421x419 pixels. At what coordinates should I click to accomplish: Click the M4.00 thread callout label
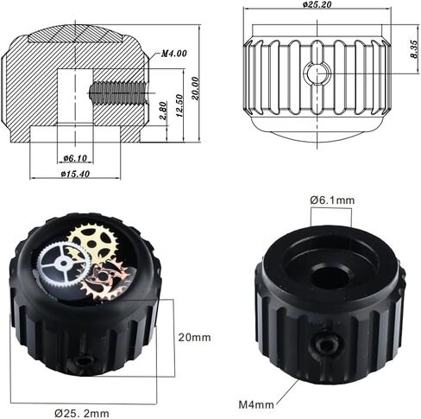pos(174,54)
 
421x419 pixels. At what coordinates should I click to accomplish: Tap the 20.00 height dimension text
pos(196,88)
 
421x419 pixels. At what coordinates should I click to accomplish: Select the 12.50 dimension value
pos(179,105)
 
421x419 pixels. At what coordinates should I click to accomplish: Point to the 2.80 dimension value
pos(163,111)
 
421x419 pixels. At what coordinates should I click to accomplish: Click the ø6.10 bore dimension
pos(75,158)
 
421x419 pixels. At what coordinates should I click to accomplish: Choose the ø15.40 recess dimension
pos(75,174)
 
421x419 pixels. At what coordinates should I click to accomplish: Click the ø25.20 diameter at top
pos(317,4)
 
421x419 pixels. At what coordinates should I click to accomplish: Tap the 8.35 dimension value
pos(413,49)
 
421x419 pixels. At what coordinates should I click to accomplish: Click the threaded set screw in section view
pos(118,92)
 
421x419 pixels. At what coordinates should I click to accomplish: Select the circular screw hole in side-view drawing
pos(317,73)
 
